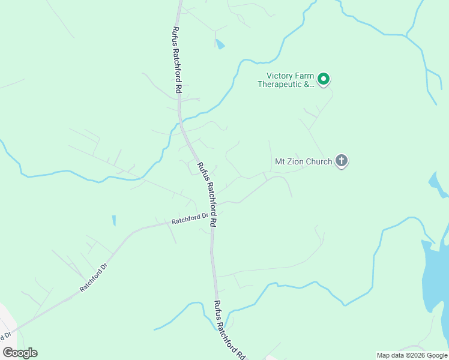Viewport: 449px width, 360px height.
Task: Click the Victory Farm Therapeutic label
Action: [286, 80]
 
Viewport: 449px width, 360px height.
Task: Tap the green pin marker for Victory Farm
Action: [323, 79]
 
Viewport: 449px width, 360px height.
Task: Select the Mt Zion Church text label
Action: [303, 161]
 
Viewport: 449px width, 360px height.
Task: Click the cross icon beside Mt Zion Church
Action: [342, 160]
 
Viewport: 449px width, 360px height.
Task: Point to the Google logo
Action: [20, 353]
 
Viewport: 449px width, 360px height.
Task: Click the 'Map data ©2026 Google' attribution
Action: [412, 355]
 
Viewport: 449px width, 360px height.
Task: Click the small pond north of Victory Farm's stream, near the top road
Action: [220, 44]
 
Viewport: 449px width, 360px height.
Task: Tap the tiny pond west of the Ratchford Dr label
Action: [114, 220]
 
